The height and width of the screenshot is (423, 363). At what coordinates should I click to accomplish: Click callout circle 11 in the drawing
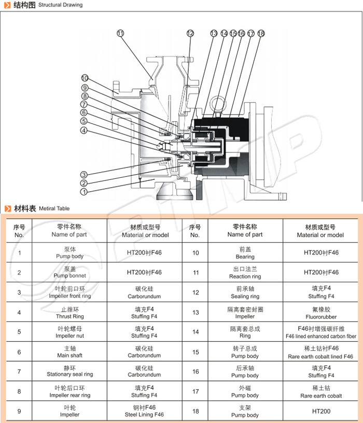pyautogui.click(x=121, y=33)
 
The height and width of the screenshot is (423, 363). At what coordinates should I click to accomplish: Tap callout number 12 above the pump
pyautogui.click(x=190, y=33)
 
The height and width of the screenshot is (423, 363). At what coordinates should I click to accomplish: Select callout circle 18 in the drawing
pyautogui.click(x=260, y=33)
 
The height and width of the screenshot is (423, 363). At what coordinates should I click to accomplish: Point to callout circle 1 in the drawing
pyautogui.click(x=83, y=192)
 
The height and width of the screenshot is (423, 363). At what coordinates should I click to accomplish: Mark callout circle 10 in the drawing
pyautogui.click(x=85, y=78)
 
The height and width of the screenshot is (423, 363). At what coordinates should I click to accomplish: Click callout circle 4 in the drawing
pyautogui.click(x=83, y=130)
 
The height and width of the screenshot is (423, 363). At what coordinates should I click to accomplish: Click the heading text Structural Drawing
pyautogui.click(x=60, y=5)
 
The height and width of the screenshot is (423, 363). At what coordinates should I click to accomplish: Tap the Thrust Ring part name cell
pyautogui.click(x=69, y=313)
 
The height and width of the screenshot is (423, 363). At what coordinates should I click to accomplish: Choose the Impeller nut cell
pyautogui.click(x=69, y=332)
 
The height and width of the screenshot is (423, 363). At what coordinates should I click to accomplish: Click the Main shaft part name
pyautogui.click(x=69, y=352)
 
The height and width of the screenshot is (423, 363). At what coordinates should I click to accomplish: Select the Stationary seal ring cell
pyautogui.click(x=69, y=371)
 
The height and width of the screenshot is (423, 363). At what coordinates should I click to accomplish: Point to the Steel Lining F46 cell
pyautogui.click(x=144, y=411)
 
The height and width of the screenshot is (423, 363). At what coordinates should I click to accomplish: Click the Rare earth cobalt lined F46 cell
pyautogui.click(x=320, y=353)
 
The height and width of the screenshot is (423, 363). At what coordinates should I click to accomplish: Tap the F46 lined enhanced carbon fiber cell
pyautogui.click(x=320, y=333)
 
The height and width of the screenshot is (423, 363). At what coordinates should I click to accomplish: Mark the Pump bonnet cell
pyautogui.click(x=69, y=273)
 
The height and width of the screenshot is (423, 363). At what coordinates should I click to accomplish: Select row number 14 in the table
pyautogui.click(x=195, y=332)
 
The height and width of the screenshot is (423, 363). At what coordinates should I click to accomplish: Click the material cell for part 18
pyautogui.click(x=320, y=411)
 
